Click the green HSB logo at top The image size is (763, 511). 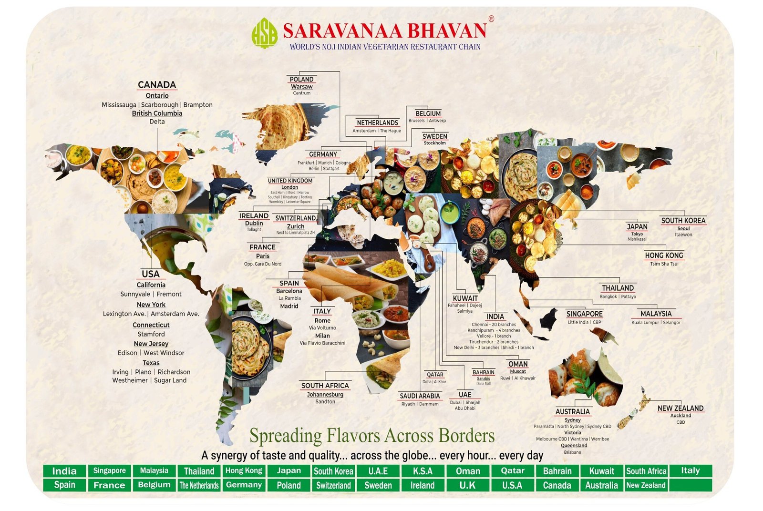click(x=265, y=33)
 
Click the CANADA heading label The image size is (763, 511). click(x=157, y=85)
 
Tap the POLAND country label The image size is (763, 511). click(x=301, y=79)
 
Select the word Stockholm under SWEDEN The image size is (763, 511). click(x=434, y=143)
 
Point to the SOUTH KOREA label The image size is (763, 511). click(x=683, y=221)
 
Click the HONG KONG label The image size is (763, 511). click(x=664, y=255)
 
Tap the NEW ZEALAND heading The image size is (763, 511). click(x=680, y=409)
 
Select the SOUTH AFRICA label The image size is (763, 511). click(x=325, y=386)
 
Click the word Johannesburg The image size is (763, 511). click(x=325, y=395)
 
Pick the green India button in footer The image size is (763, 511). click(x=64, y=471)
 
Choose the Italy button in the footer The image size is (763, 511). click(x=690, y=470)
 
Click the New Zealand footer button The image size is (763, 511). click(x=646, y=485)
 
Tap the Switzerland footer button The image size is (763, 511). click(x=333, y=485)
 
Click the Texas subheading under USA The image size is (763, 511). click(x=151, y=363)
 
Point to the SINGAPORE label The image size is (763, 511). click(x=584, y=314)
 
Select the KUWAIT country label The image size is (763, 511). click(x=465, y=298)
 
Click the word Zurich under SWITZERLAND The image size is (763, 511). click(x=296, y=226)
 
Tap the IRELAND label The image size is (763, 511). click(x=254, y=216)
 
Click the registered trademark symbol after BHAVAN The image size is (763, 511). click(x=491, y=19)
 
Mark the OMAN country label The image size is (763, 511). click(x=518, y=364)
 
